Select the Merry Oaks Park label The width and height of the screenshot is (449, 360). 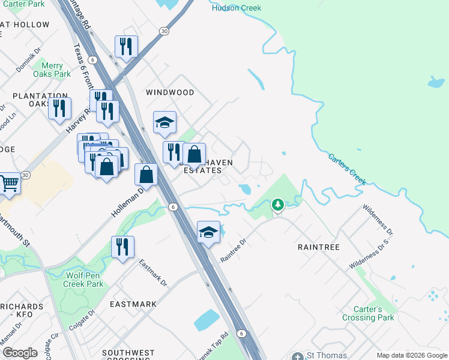click(56, 70)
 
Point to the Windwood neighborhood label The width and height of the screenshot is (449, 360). click(170, 92)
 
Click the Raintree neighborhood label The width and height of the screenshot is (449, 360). click(319, 247)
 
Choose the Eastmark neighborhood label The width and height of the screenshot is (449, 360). click(133, 304)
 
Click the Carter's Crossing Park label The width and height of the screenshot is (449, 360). click(369, 313)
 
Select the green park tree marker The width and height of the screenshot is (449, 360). click(277, 205)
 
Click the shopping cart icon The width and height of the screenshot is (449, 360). click(8, 183)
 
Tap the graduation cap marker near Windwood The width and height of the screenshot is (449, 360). click(164, 123)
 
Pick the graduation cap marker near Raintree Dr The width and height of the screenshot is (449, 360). click(208, 232)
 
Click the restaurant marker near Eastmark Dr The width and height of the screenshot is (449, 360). click(122, 247)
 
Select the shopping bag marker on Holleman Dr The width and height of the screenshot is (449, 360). click(146, 175)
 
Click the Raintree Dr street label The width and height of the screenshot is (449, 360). click(234, 250)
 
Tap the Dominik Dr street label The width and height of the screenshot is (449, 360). click(28, 61)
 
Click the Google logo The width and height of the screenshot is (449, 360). click(20, 353)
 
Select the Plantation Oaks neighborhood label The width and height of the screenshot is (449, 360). click(40, 100)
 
